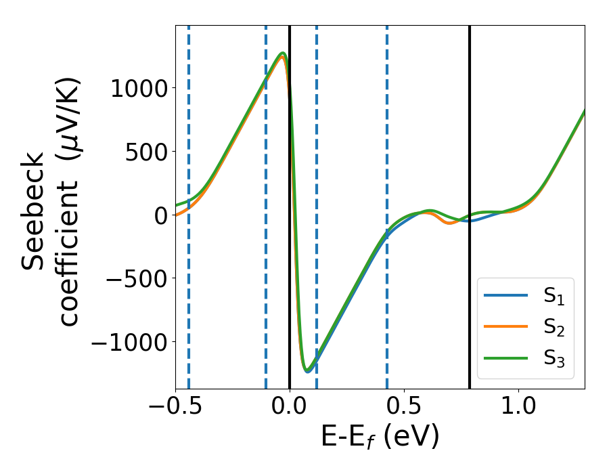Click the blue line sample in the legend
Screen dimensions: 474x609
pyautogui.click(x=505, y=295)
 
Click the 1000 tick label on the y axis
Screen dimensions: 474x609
pyautogui.click(x=139, y=88)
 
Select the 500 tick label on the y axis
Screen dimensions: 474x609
pyautogui.click(x=145, y=152)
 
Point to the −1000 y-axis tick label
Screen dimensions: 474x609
pyautogui.click(x=129, y=343)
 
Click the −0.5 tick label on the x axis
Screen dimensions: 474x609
pyautogui.click(x=176, y=409)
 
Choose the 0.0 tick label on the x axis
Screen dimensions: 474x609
pyautogui.click(x=290, y=409)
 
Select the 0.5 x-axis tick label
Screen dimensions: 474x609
pyautogui.click(x=404, y=409)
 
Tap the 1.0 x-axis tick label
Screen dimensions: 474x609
pyautogui.click(x=518, y=409)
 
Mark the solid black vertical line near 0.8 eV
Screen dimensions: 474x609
pyautogui.click(x=470, y=135)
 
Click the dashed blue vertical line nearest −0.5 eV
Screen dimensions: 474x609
pyautogui.click(x=188, y=135)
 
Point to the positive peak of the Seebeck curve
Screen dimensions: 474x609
pyautogui.click(x=283, y=53)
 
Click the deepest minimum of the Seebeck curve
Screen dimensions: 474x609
pyautogui.click(x=307, y=370)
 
